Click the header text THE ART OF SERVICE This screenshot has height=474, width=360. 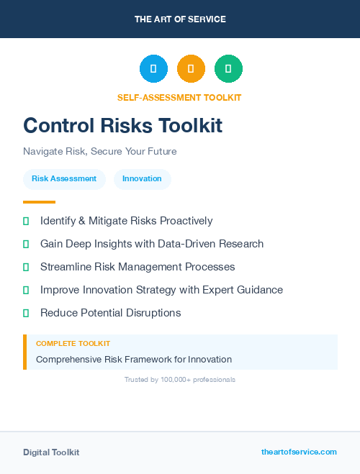[180, 19]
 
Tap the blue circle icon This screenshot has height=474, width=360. [153, 69]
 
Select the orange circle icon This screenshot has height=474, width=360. [191, 69]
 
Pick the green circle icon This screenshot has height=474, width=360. [228, 69]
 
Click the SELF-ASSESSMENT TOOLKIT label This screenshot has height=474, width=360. [179, 97]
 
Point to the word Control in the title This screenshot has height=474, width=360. [59, 125]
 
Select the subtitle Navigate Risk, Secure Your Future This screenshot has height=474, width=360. [99, 152]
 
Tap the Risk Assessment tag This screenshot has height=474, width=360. [64, 179]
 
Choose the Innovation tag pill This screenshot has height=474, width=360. [142, 179]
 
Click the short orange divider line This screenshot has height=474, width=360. [39, 202]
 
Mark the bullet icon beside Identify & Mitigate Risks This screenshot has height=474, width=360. [26, 221]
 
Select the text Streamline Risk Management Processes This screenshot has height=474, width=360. [138, 267]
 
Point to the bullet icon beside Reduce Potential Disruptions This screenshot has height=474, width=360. [26, 313]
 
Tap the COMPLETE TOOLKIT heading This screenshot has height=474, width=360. [73, 344]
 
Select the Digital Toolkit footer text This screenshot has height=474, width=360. [51, 452]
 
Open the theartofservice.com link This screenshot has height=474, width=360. [299, 452]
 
